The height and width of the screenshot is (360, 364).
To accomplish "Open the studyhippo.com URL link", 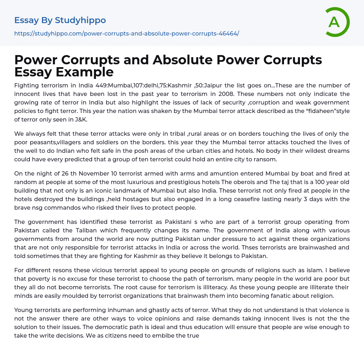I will pyautogui.click(x=127, y=33).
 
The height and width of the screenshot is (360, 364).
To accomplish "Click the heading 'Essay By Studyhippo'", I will pyautogui.click(x=60, y=20).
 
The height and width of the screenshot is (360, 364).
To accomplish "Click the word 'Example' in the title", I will pyautogui.click(x=84, y=72).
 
